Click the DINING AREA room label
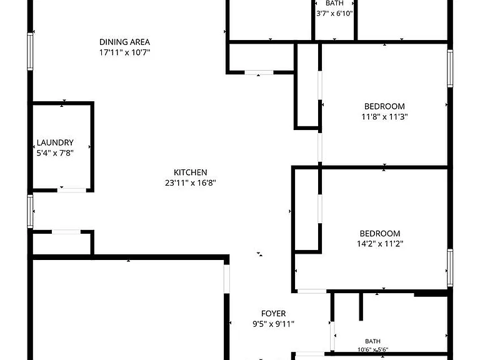click(124, 42)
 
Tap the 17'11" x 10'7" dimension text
click(124, 52)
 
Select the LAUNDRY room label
click(55, 142)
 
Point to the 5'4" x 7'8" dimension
click(55, 153)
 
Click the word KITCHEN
click(191, 172)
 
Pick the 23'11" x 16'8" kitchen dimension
click(191, 182)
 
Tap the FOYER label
click(273, 314)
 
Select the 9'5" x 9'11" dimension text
click(273, 324)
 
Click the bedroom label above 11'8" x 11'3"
click(384, 106)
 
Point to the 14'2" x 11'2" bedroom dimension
click(380, 244)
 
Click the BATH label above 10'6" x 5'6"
click(373, 341)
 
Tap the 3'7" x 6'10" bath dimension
click(334, 14)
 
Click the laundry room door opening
click(72, 190)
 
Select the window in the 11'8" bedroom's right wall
click(450, 69)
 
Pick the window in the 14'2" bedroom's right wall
click(450, 268)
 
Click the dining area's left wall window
click(30, 52)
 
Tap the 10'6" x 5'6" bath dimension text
click(373, 349)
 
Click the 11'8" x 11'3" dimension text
click(384, 117)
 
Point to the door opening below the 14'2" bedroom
click(312, 291)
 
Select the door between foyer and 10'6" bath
click(332, 336)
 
